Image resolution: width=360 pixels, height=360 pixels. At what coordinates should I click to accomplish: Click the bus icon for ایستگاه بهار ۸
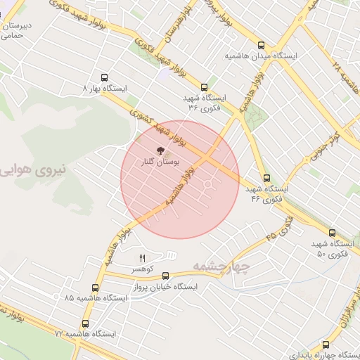click(x=105, y=78)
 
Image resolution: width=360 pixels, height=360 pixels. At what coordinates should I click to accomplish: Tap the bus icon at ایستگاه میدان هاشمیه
click(x=262, y=44)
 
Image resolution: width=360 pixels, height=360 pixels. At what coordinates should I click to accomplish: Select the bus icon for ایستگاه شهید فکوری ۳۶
click(x=204, y=88)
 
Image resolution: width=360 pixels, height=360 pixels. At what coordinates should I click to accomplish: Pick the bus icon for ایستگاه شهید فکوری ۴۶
click(x=266, y=179)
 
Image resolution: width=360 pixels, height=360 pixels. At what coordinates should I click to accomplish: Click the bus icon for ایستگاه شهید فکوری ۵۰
click(x=332, y=232)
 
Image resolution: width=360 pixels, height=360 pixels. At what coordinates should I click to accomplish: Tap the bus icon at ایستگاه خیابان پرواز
click(x=166, y=276)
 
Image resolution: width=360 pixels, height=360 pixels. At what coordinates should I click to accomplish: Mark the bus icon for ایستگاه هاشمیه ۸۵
click(x=96, y=288)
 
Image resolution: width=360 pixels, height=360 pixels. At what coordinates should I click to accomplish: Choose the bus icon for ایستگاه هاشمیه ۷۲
click(x=86, y=324)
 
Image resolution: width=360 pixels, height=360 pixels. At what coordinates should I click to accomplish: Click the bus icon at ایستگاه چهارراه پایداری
click(x=326, y=345)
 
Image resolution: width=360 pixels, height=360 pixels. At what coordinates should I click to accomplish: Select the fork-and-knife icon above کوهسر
click(x=142, y=259)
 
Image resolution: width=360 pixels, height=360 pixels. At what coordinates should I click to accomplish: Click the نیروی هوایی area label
click(x=34, y=169)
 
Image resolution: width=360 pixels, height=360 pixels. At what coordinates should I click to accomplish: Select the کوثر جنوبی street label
click(x=327, y=141)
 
